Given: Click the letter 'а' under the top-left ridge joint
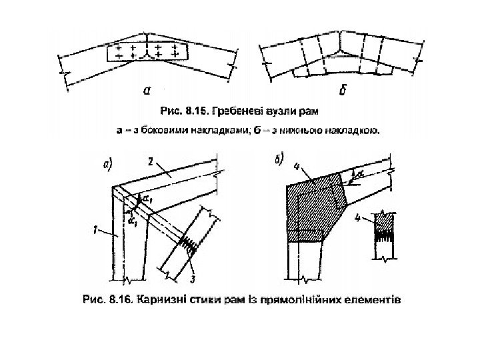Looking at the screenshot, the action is pos(146,89).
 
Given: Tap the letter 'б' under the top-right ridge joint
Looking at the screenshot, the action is pos(341,91).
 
